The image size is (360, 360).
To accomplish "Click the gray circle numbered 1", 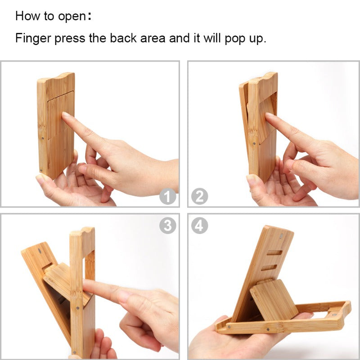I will click(x=167, y=197).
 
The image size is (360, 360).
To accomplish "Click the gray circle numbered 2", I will click(x=199, y=197).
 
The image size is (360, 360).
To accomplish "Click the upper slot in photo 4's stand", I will click(x=275, y=252).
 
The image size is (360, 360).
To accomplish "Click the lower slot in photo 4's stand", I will click(x=269, y=267).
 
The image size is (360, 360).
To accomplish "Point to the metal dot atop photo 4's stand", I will click(x=281, y=235).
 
